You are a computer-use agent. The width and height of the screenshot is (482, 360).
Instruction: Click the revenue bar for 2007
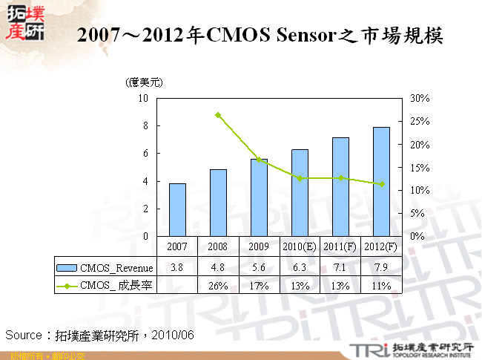coord(177,209)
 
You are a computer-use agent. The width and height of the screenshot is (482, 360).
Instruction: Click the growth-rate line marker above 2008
coord(218,115)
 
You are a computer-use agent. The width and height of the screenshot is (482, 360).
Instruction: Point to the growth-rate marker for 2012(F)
coord(381,184)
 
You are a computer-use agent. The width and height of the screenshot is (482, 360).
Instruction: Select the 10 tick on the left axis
coord(143,98)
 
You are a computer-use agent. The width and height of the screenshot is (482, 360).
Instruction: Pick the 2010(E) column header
coord(300,246)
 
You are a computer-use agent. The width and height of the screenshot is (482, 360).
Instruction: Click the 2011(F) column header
coord(340,246)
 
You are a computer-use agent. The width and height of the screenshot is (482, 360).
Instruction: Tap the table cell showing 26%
coord(218,285)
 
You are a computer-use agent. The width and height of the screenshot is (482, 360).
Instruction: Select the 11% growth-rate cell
coord(381,285)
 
